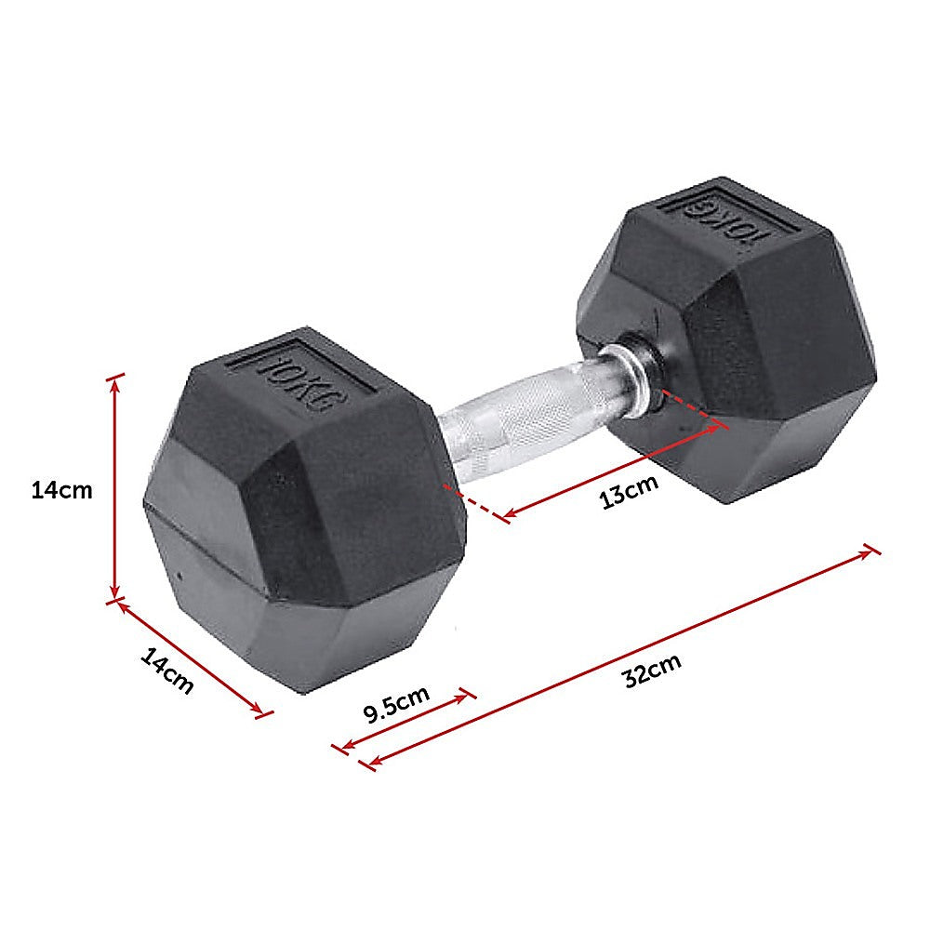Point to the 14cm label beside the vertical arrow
tap(61, 490)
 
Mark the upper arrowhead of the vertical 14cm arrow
tap(115, 381)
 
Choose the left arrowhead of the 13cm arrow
tap(508, 512)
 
